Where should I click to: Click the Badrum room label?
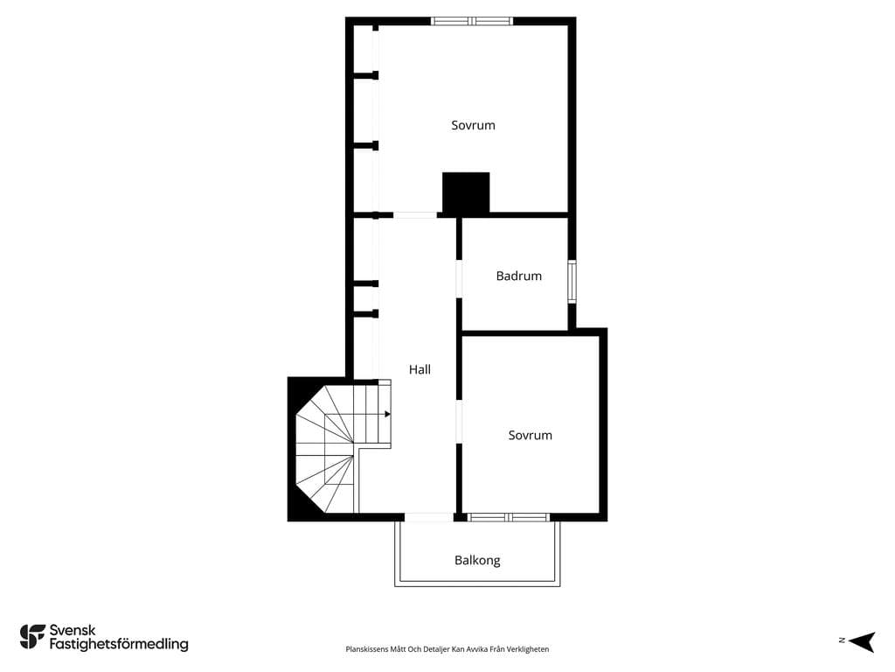(x=519, y=276)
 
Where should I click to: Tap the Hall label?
(x=420, y=370)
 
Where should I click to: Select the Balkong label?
(x=477, y=561)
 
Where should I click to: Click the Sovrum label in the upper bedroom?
(x=473, y=125)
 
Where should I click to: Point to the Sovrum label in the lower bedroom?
(x=531, y=436)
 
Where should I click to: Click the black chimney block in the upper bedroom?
(x=466, y=192)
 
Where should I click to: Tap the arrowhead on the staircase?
(x=387, y=414)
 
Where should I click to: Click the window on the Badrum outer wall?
(x=572, y=281)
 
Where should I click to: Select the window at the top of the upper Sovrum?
(x=472, y=21)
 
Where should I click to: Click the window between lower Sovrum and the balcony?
(x=509, y=517)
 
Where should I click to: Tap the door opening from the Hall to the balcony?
(x=428, y=517)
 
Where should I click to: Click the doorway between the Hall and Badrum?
(x=458, y=279)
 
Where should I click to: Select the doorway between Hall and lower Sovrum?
(x=458, y=422)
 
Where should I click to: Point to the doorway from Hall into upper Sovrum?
(x=415, y=215)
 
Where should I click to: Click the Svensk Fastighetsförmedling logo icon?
(x=32, y=637)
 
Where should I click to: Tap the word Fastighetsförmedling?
(x=119, y=645)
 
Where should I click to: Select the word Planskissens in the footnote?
(x=364, y=649)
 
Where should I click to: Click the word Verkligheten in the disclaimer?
(x=529, y=649)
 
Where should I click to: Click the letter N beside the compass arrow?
(x=842, y=640)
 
